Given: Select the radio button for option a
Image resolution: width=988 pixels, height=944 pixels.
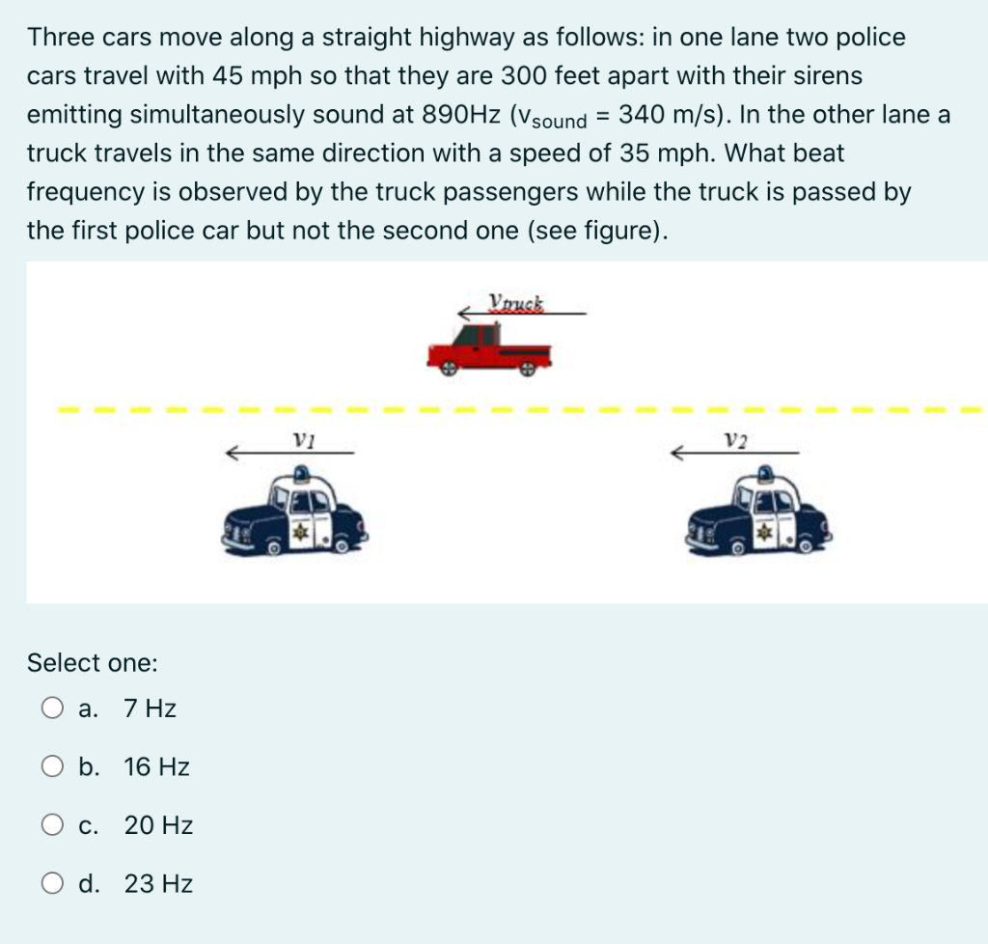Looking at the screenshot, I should tap(53, 709).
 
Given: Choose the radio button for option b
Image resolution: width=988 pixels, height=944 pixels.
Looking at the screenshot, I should tap(53, 767).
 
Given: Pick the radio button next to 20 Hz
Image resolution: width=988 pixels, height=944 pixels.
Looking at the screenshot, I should tap(53, 825).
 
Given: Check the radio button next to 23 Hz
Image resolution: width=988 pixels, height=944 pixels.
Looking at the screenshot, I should tap(53, 883).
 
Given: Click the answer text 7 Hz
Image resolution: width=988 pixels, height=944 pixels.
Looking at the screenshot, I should tap(150, 709).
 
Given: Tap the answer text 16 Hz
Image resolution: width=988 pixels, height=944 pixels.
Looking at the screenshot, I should tap(156, 767).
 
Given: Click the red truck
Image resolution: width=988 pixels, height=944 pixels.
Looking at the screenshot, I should tap(489, 349).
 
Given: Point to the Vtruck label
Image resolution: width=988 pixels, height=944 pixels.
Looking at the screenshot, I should tap(516, 301).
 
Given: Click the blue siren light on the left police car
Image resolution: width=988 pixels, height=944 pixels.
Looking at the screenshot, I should tap(303, 473).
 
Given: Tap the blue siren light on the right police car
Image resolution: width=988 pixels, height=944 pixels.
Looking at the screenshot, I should tap(766, 473).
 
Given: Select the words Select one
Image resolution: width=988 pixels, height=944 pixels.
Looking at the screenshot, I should tap(93, 663).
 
